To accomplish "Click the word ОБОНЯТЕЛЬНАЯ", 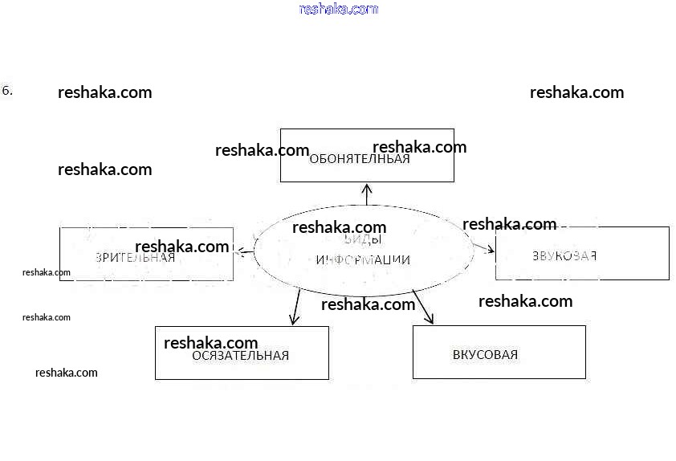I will pyautogui.click(x=359, y=159).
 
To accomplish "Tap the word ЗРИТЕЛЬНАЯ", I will pyautogui.click(x=135, y=258).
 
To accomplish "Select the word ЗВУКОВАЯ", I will pyautogui.click(x=564, y=256).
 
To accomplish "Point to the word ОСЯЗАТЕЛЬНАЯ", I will pyautogui.click(x=240, y=356).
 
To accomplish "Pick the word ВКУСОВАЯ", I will pyautogui.click(x=485, y=355).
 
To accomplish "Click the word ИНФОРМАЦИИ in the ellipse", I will pyautogui.click(x=363, y=260).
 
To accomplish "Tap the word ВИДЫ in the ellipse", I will pyautogui.click(x=363, y=240).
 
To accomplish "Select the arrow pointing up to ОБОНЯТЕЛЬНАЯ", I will pyautogui.click(x=367, y=194).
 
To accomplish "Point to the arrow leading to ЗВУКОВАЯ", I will pyautogui.click(x=484, y=247).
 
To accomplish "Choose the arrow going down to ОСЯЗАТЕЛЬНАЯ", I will pyautogui.click(x=295, y=307).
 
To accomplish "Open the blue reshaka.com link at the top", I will pyautogui.click(x=338, y=10).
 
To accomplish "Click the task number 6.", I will pyautogui.click(x=7, y=90).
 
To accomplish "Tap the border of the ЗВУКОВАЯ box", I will pyautogui.click(x=668, y=253).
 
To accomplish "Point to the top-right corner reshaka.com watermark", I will pyautogui.click(x=576, y=92).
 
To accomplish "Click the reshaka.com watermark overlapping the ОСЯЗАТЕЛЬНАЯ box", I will pyautogui.click(x=210, y=343).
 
